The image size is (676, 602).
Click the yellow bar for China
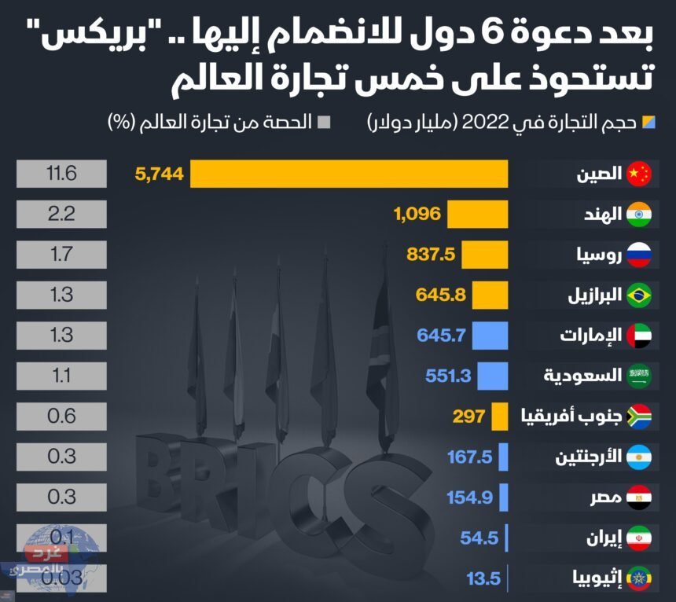click(x=349, y=174)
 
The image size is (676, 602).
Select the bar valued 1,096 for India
click(x=478, y=215)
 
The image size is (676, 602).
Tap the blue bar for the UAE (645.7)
click(x=490, y=336)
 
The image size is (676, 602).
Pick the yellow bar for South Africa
click(x=500, y=417)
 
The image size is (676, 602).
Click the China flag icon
click(x=639, y=174)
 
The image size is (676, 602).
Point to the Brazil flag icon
click(x=639, y=296)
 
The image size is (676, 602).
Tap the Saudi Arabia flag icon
click(x=639, y=377)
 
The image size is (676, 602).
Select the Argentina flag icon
click(x=639, y=458)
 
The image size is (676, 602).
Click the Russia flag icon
click(x=639, y=255)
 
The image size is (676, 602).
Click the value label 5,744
click(x=160, y=174)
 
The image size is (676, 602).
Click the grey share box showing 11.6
click(x=61, y=174)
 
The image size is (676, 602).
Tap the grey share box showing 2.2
click(x=61, y=215)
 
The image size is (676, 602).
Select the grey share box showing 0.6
click(x=61, y=417)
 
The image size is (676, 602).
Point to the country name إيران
click(x=606, y=539)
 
